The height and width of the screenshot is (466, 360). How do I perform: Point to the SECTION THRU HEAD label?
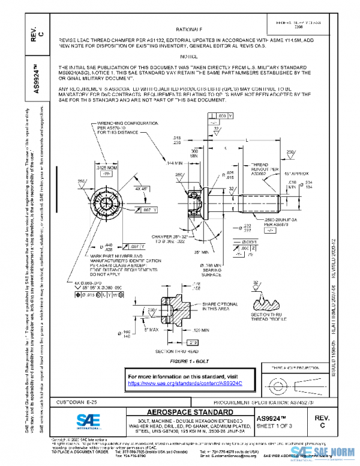tap(176, 350)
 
